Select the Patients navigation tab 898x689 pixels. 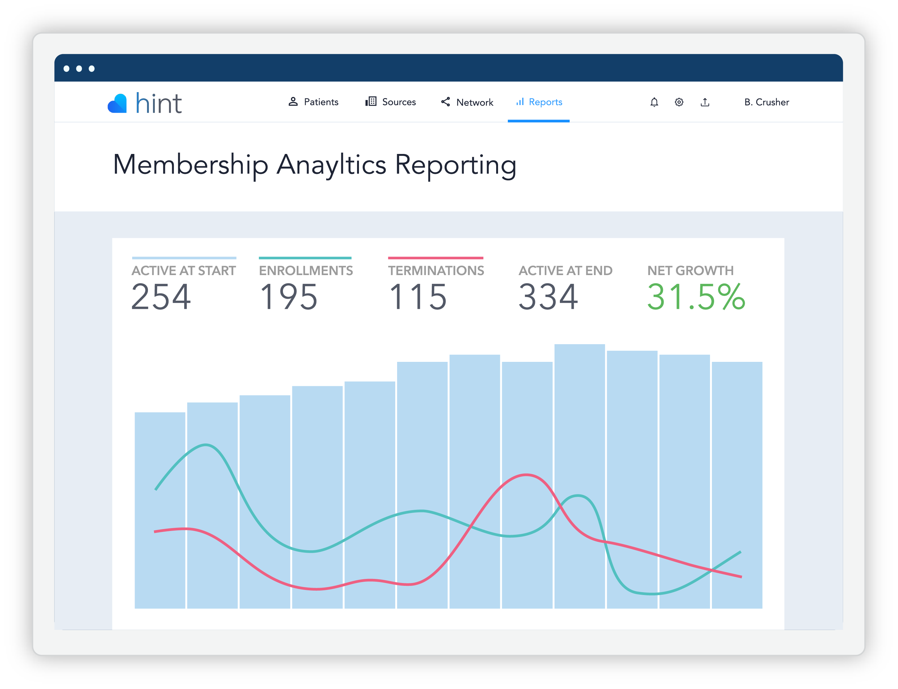(x=314, y=102)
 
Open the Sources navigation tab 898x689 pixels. (x=391, y=102)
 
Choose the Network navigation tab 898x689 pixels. (x=467, y=103)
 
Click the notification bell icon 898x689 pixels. (x=654, y=102)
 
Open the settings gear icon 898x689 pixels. (x=679, y=102)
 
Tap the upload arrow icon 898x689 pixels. (x=705, y=102)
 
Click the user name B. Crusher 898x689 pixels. (x=766, y=102)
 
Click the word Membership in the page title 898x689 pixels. (x=191, y=165)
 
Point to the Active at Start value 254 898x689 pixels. (x=161, y=297)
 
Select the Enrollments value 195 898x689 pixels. (x=289, y=297)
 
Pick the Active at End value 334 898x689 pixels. (x=548, y=297)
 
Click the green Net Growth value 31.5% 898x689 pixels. (x=696, y=297)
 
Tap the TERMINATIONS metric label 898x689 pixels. (x=436, y=271)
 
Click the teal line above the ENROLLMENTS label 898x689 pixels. (x=305, y=258)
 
